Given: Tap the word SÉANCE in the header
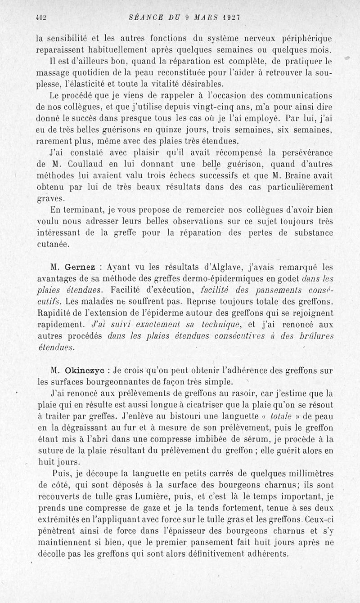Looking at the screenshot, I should pyautogui.click(x=144, y=17).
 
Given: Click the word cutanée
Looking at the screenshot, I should pyautogui.click(x=53, y=244).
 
